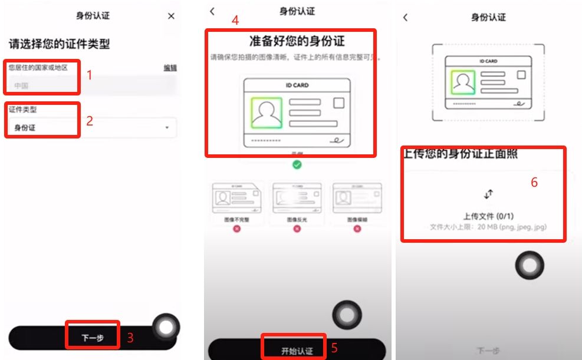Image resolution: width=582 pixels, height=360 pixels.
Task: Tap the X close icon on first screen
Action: point(171,16)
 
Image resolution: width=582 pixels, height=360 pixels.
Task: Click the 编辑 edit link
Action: point(170,68)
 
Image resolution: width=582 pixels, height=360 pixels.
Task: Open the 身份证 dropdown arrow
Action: point(167,127)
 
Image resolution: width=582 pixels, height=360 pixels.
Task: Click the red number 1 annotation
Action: point(90,75)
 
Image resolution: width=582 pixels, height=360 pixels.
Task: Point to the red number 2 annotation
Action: point(90,121)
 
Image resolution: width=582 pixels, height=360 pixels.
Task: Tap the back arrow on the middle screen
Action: point(212,11)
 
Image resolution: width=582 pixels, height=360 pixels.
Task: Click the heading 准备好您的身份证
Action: point(297,41)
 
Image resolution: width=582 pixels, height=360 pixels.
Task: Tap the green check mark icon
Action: point(297,164)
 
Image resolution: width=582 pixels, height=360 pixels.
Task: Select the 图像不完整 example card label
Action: point(236,219)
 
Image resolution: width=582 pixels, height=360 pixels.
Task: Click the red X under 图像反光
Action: point(297,228)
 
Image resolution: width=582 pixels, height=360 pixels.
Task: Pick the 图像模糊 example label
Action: point(357,219)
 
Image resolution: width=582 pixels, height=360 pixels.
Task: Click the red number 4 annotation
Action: point(235,20)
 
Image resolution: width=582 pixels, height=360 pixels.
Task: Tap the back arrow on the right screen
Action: point(405,17)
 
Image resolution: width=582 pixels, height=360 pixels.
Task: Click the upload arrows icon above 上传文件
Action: point(488,194)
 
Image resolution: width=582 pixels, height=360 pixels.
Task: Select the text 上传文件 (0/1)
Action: point(488,216)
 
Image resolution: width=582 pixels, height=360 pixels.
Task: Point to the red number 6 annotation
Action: point(534,183)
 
